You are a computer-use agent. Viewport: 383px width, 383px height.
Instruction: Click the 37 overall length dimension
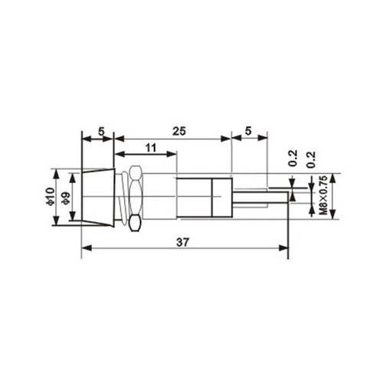pos(183,242)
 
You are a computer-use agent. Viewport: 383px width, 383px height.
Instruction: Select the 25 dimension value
pos(179,131)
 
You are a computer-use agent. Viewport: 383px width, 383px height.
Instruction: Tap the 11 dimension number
pos(151,148)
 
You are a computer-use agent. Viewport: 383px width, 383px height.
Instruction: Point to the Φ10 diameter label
pos(51,196)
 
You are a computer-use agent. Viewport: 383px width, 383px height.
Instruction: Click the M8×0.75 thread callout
pos(323,195)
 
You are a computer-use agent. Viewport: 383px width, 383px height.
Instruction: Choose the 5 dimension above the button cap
pos(101,132)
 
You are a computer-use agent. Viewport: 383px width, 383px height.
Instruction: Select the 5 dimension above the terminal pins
pos(248,131)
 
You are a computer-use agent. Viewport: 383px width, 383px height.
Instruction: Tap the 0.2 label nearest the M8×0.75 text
pos(311,159)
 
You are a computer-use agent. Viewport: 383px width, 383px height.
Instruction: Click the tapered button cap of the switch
pos(98,197)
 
